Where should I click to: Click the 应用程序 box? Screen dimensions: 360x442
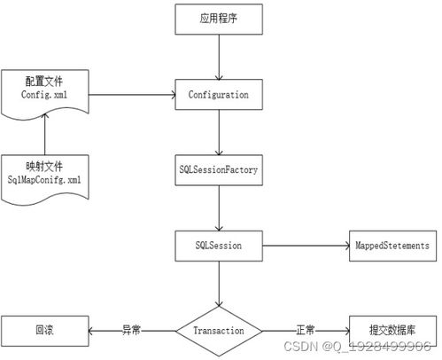tap(218, 18)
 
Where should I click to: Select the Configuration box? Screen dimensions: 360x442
tap(218, 92)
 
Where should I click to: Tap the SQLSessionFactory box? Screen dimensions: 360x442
tap(218, 168)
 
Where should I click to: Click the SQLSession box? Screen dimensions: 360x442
tap(218, 242)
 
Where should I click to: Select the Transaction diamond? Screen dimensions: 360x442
tap(218, 329)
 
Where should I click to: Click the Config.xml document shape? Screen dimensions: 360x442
tap(43, 90)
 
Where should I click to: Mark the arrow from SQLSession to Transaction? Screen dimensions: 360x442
tap(218, 282)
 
